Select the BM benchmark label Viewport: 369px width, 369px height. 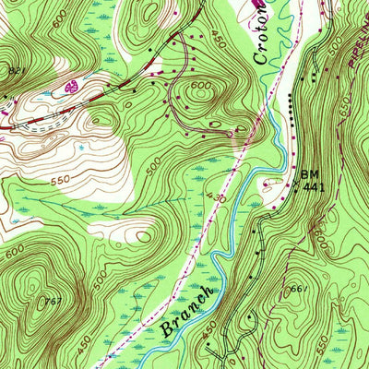coord(307,174)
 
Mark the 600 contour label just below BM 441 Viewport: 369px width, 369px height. coord(319,237)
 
